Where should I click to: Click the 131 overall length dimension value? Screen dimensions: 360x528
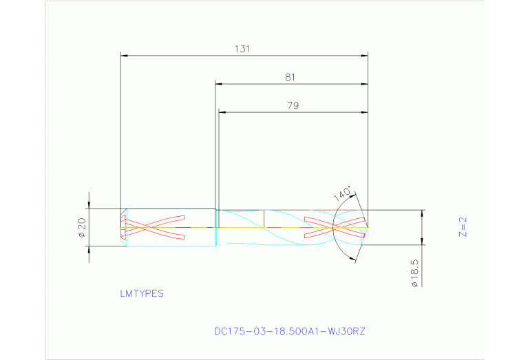(x=241, y=49)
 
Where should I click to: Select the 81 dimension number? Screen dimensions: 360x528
(x=290, y=78)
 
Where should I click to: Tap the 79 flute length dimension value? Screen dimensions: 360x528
(x=293, y=105)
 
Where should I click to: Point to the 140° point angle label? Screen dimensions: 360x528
(x=343, y=193)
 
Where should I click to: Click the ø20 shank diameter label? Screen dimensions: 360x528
(x=82, y=227)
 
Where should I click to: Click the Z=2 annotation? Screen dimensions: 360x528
(x=463, y=227)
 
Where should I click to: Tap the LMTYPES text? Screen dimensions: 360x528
(x=142, y=293)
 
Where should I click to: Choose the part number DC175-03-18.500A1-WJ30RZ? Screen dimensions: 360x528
(x=290, y=331)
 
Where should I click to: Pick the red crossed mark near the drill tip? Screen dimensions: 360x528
(x=334, y=226)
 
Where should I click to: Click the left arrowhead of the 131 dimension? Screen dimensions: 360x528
(x=123, y=54)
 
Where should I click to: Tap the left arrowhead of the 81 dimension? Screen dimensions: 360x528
(x=219, y=84)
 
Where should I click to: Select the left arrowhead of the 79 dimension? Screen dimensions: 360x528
(x=222, y=112)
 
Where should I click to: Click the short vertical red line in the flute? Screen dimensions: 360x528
(x=264, y=218)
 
